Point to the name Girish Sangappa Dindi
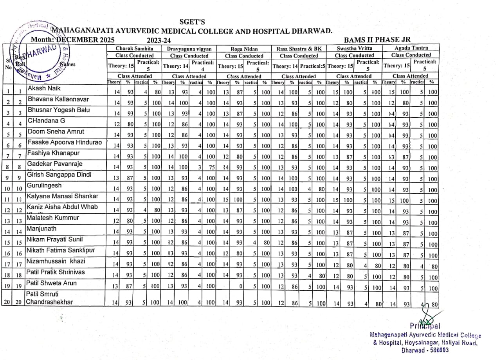tap(59, 175)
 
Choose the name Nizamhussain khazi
tap(56, 261)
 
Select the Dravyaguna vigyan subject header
tap(189, 49)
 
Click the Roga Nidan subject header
tap(244, 49)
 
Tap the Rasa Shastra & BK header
tap(299, 49)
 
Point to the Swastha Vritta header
tap(355, 49)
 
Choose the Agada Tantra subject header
tap(411, 48)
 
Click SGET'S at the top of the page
tap(192, 22)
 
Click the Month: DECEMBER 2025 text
tap(73, 40)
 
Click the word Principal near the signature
tap(425, 326)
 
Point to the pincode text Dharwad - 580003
tap(425, 350)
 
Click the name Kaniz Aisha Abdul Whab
tap(62, 207)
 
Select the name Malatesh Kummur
tap(53, 218)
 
